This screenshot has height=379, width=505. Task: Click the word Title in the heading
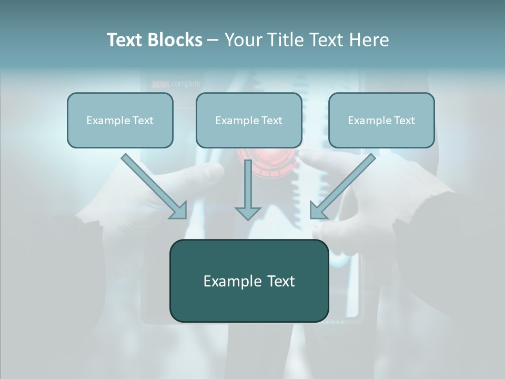[x=284, y=40]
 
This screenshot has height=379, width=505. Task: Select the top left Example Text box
[x=120, y=121]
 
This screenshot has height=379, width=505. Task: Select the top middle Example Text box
[x=249, y=121]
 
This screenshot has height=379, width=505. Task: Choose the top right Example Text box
[x=381, y=121]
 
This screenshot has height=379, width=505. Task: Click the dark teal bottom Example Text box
[x=249, y=281]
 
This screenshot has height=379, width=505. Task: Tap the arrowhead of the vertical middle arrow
[x=247, y=213]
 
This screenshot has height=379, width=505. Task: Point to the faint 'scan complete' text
[x=176, y=84]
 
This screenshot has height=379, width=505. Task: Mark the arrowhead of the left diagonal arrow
[x=178, y=211]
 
